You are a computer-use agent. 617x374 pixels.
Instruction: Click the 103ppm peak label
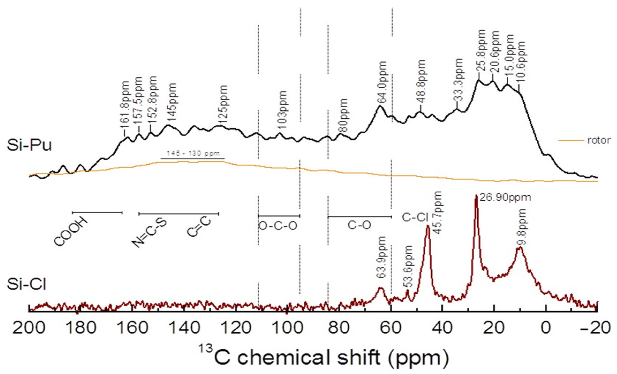click(282, 110)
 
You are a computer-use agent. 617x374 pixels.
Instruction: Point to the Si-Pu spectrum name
click(29, 146)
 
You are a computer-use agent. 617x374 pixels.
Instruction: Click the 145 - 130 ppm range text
click(193, 153)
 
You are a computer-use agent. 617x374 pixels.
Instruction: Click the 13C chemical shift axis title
click(323, 358)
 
